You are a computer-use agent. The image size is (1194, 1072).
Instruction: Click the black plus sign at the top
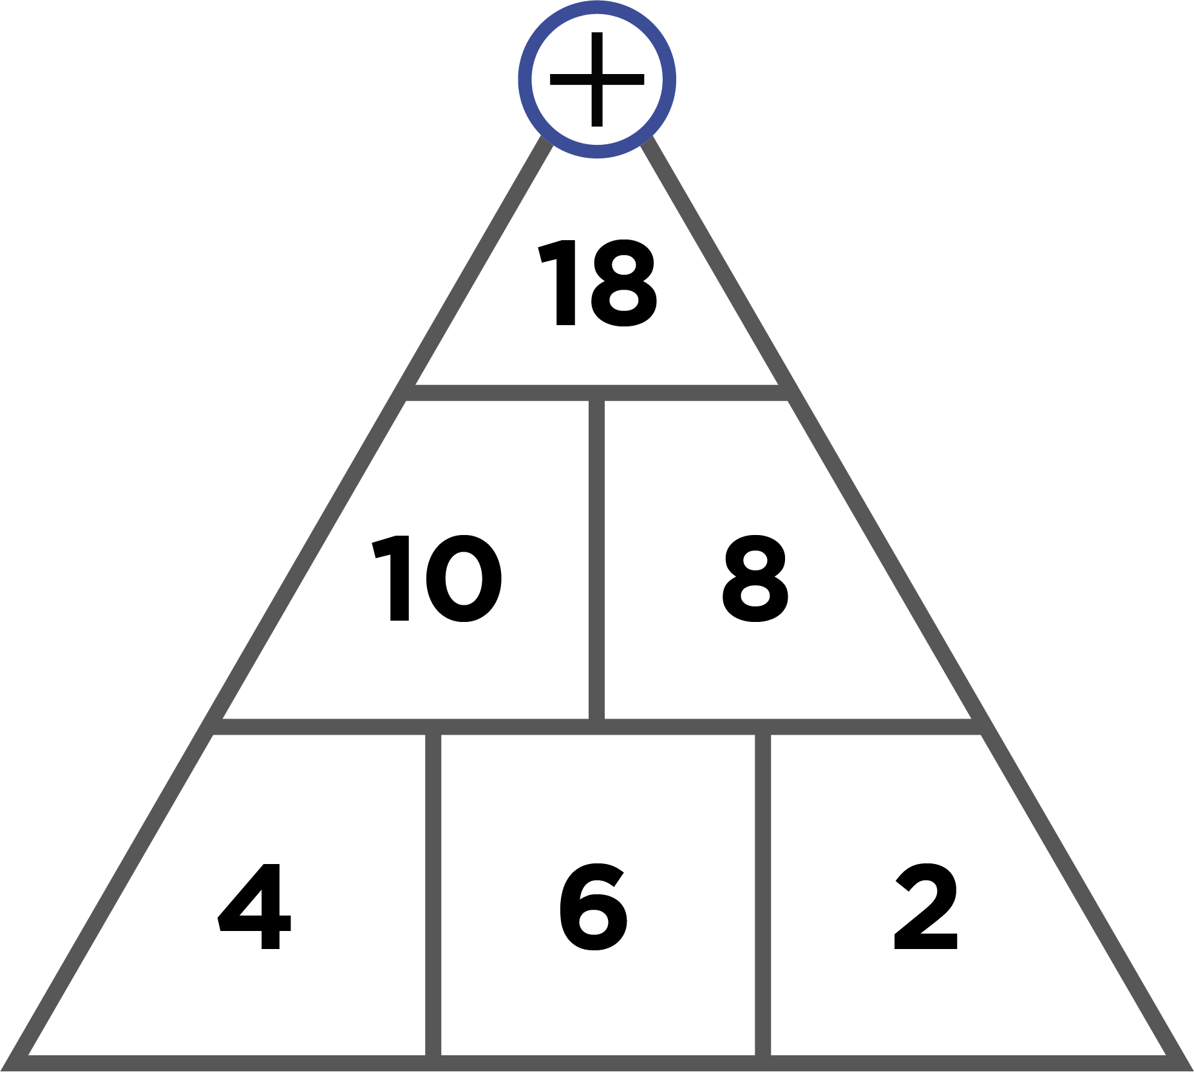[597, 79]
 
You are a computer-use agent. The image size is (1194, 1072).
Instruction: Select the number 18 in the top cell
[598, 283]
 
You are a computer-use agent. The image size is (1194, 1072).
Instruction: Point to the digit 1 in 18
[558, 283]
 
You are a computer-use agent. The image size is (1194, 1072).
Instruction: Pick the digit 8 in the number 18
[623, 283]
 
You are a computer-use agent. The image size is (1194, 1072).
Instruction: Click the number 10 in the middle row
[437, 578]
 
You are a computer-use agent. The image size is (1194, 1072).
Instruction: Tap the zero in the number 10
[464, 578]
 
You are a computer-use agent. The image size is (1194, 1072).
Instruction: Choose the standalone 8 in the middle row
[755, 578]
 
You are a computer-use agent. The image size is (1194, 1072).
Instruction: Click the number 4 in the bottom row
[255, 907]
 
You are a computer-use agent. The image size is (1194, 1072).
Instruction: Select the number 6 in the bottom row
[593, 907]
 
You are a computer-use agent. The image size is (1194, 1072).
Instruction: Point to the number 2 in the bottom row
[926, 906]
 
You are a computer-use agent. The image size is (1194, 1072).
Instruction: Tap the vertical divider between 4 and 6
[433, 895]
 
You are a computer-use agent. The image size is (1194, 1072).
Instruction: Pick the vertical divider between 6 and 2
[763, 895]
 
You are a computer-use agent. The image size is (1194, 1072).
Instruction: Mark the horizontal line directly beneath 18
[597, 393]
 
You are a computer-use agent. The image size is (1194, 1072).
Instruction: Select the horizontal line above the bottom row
[597, 727]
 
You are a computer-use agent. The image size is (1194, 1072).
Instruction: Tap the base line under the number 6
[598, 1064]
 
